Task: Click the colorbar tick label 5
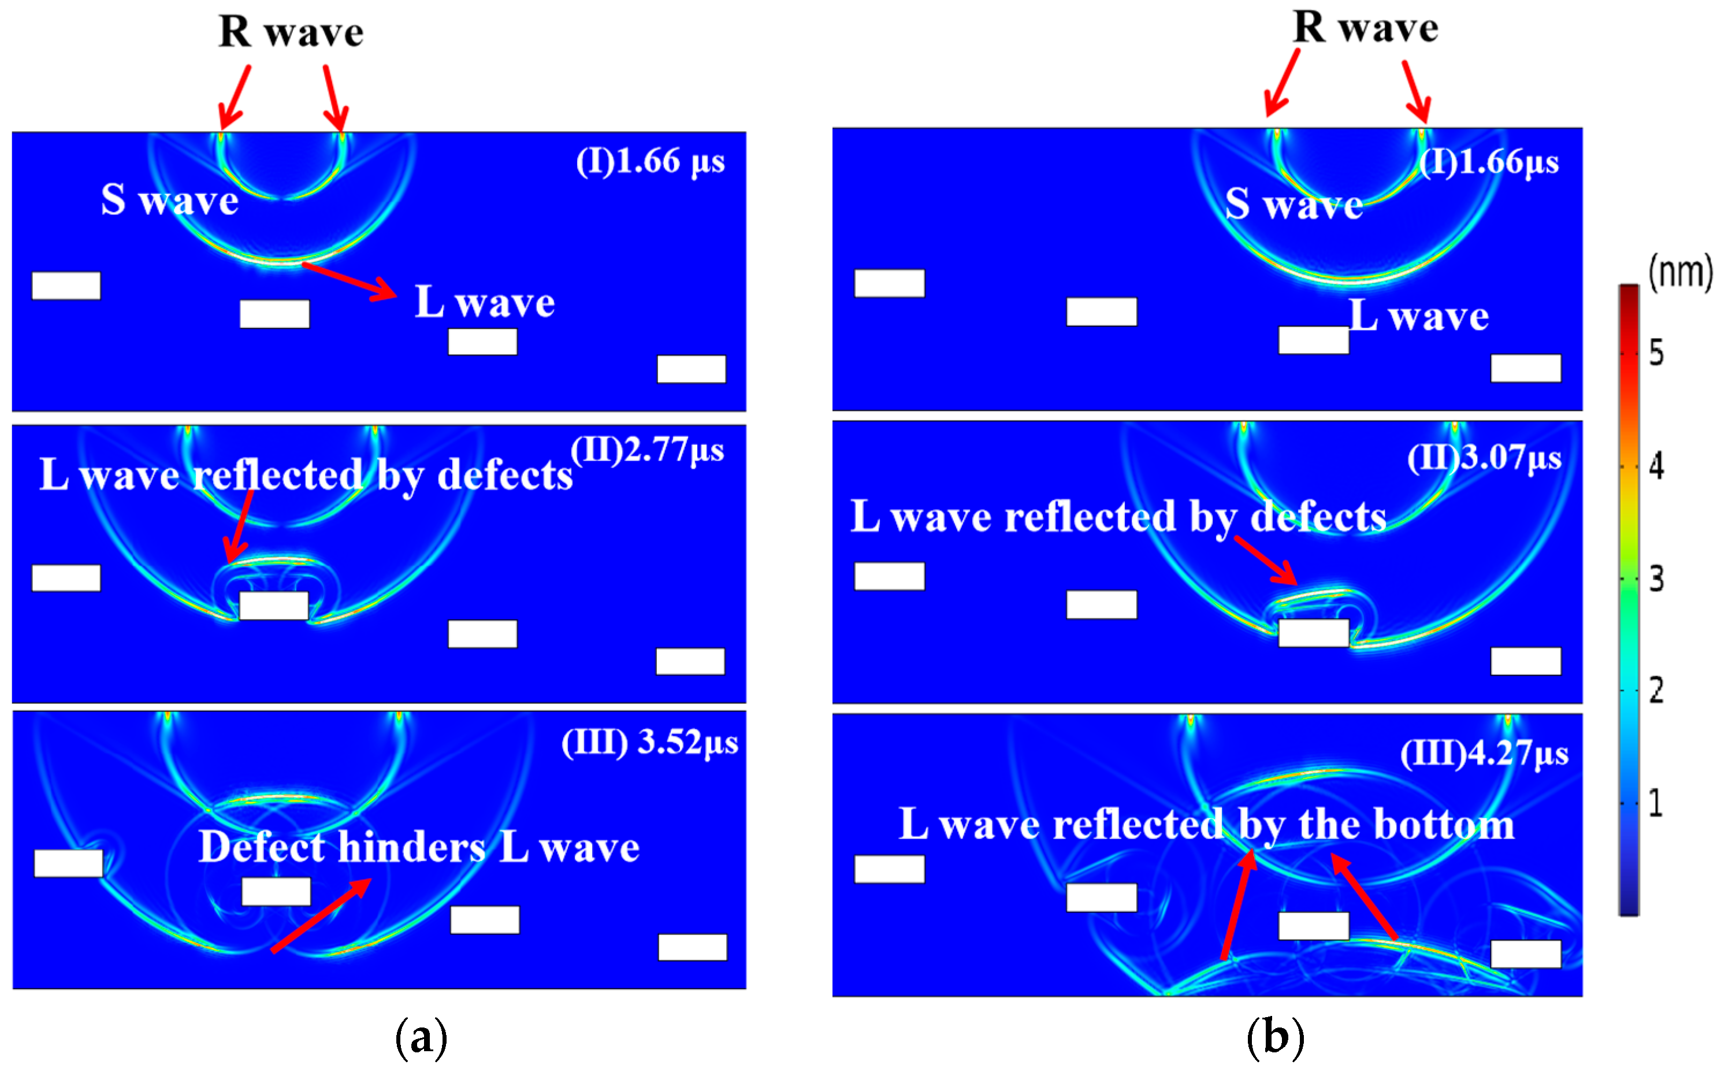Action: (1656, 353)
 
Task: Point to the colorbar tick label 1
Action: (1655, 803)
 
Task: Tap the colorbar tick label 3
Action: (1656, 579)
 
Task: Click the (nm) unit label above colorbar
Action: (1679, 272)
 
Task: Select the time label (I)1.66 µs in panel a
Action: (650, 162)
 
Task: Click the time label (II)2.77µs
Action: (647, 450)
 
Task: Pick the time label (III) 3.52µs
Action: (649, 743)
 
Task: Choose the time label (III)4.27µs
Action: (1484, 753)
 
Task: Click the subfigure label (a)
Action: (421, 1037)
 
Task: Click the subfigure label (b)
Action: (1275, 1037)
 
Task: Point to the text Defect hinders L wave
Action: (419, 847)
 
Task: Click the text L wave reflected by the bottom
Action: (1206, 825)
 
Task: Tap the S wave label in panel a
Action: (169, 200)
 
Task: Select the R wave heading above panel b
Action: (1365, 28)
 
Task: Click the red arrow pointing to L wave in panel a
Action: (350, 281)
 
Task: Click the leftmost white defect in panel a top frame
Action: (66, 285)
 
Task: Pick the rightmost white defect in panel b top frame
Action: (1525, 369)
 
